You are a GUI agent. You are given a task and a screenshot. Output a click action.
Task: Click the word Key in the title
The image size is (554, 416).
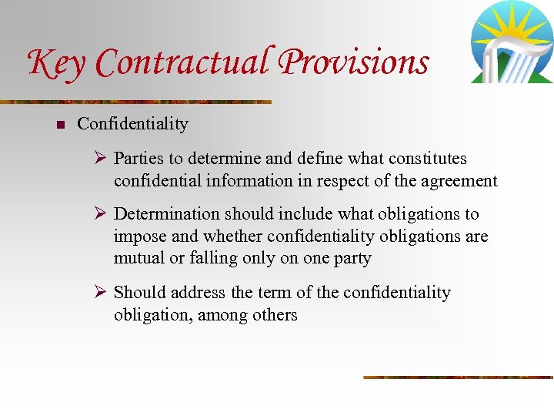click(57, 64)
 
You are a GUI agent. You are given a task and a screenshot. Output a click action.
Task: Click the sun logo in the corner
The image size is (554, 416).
click(511, 43)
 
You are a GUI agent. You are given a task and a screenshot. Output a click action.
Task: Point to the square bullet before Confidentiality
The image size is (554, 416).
click(61, 125)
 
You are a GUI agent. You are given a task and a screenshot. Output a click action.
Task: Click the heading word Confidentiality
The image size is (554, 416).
click(132, 124)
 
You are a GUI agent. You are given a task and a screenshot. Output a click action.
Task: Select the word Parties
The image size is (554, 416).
click(138, 159)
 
